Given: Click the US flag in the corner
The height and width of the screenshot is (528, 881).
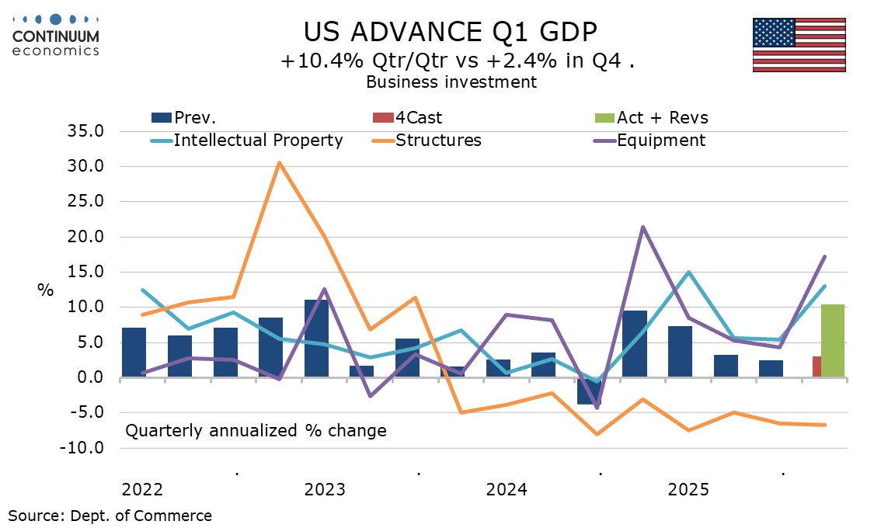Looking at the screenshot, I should (x=799, y=45).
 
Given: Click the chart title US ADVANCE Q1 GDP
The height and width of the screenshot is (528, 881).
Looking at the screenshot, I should (x=451, y=32).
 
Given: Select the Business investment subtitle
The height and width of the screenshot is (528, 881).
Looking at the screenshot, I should (x=451, y=82).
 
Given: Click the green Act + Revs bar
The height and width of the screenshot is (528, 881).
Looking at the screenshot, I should (x=833, y=341).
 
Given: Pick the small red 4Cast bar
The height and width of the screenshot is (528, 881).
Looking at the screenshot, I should (x=817, y=367).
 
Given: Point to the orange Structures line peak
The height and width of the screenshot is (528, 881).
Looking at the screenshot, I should (x=279, y=163).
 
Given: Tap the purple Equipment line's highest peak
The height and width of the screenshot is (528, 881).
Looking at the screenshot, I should (x=642, y=227).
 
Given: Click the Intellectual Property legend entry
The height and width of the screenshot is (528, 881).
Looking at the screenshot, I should (x=247, y=141).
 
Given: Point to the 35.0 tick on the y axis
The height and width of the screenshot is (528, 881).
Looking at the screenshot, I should (x=87, y=131).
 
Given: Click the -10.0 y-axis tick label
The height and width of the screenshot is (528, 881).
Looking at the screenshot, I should (x=85, y=448).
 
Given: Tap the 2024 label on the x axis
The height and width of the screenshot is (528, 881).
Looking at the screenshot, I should (x=507, y=490).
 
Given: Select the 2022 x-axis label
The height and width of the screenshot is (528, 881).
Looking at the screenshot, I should (x=142, y=490).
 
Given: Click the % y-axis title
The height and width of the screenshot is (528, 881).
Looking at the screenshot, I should (x=46, y=290).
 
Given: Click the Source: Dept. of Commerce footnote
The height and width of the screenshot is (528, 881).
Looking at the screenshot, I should (x=110, y=515).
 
